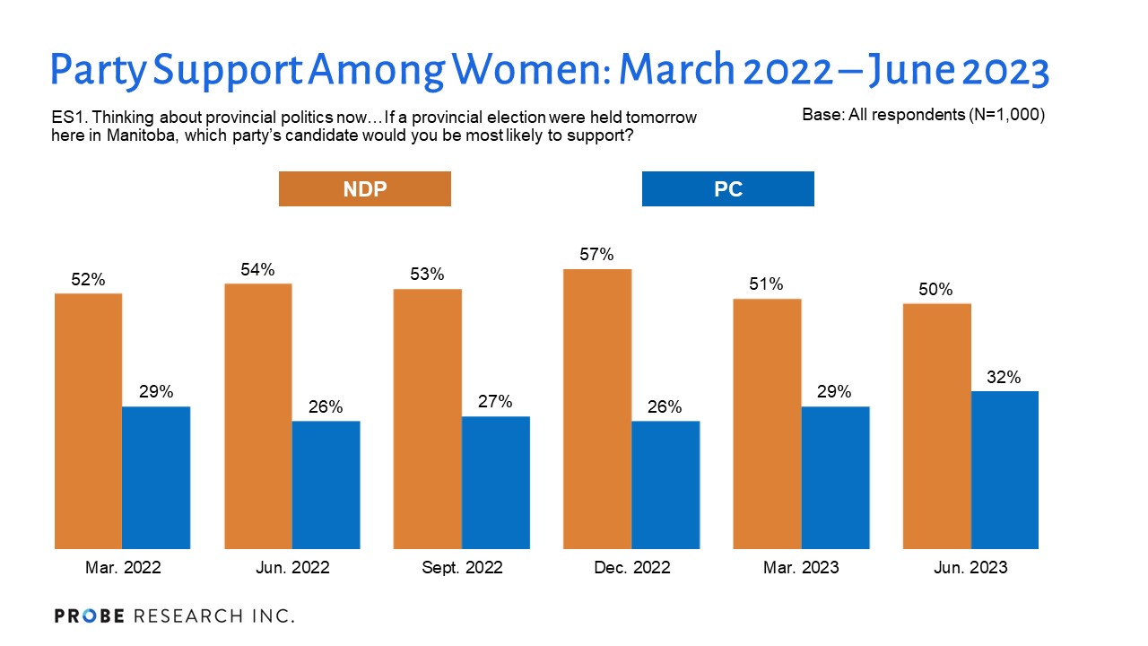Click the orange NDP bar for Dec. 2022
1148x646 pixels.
(x=597, y=408)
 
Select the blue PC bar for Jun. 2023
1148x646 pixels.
(x=1004, y=469)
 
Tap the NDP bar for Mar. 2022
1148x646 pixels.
(x=88, y=420)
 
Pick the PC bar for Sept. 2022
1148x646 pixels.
(x=496, y=482)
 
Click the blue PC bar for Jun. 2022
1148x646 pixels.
(x=326, y=484)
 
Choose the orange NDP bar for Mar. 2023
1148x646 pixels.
(x=767, y=423)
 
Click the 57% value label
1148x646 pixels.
(x=597, y=255)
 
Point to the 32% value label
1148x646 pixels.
(x=1004, y=378)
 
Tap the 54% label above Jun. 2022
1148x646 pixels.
(x=258, y=269)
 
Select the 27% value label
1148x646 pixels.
(x=496, y=402)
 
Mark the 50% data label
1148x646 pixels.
(x=936, y=290)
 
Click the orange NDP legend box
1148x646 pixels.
(x=364, y=189)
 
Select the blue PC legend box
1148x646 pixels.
(x=727, y=189)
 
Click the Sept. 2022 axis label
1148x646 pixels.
(x=462, y=567)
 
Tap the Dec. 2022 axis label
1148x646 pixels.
(x=631, y=567)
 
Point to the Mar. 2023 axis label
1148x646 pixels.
(x=801, y=567)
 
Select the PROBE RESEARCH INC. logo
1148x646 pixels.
(x=174, y=615)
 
